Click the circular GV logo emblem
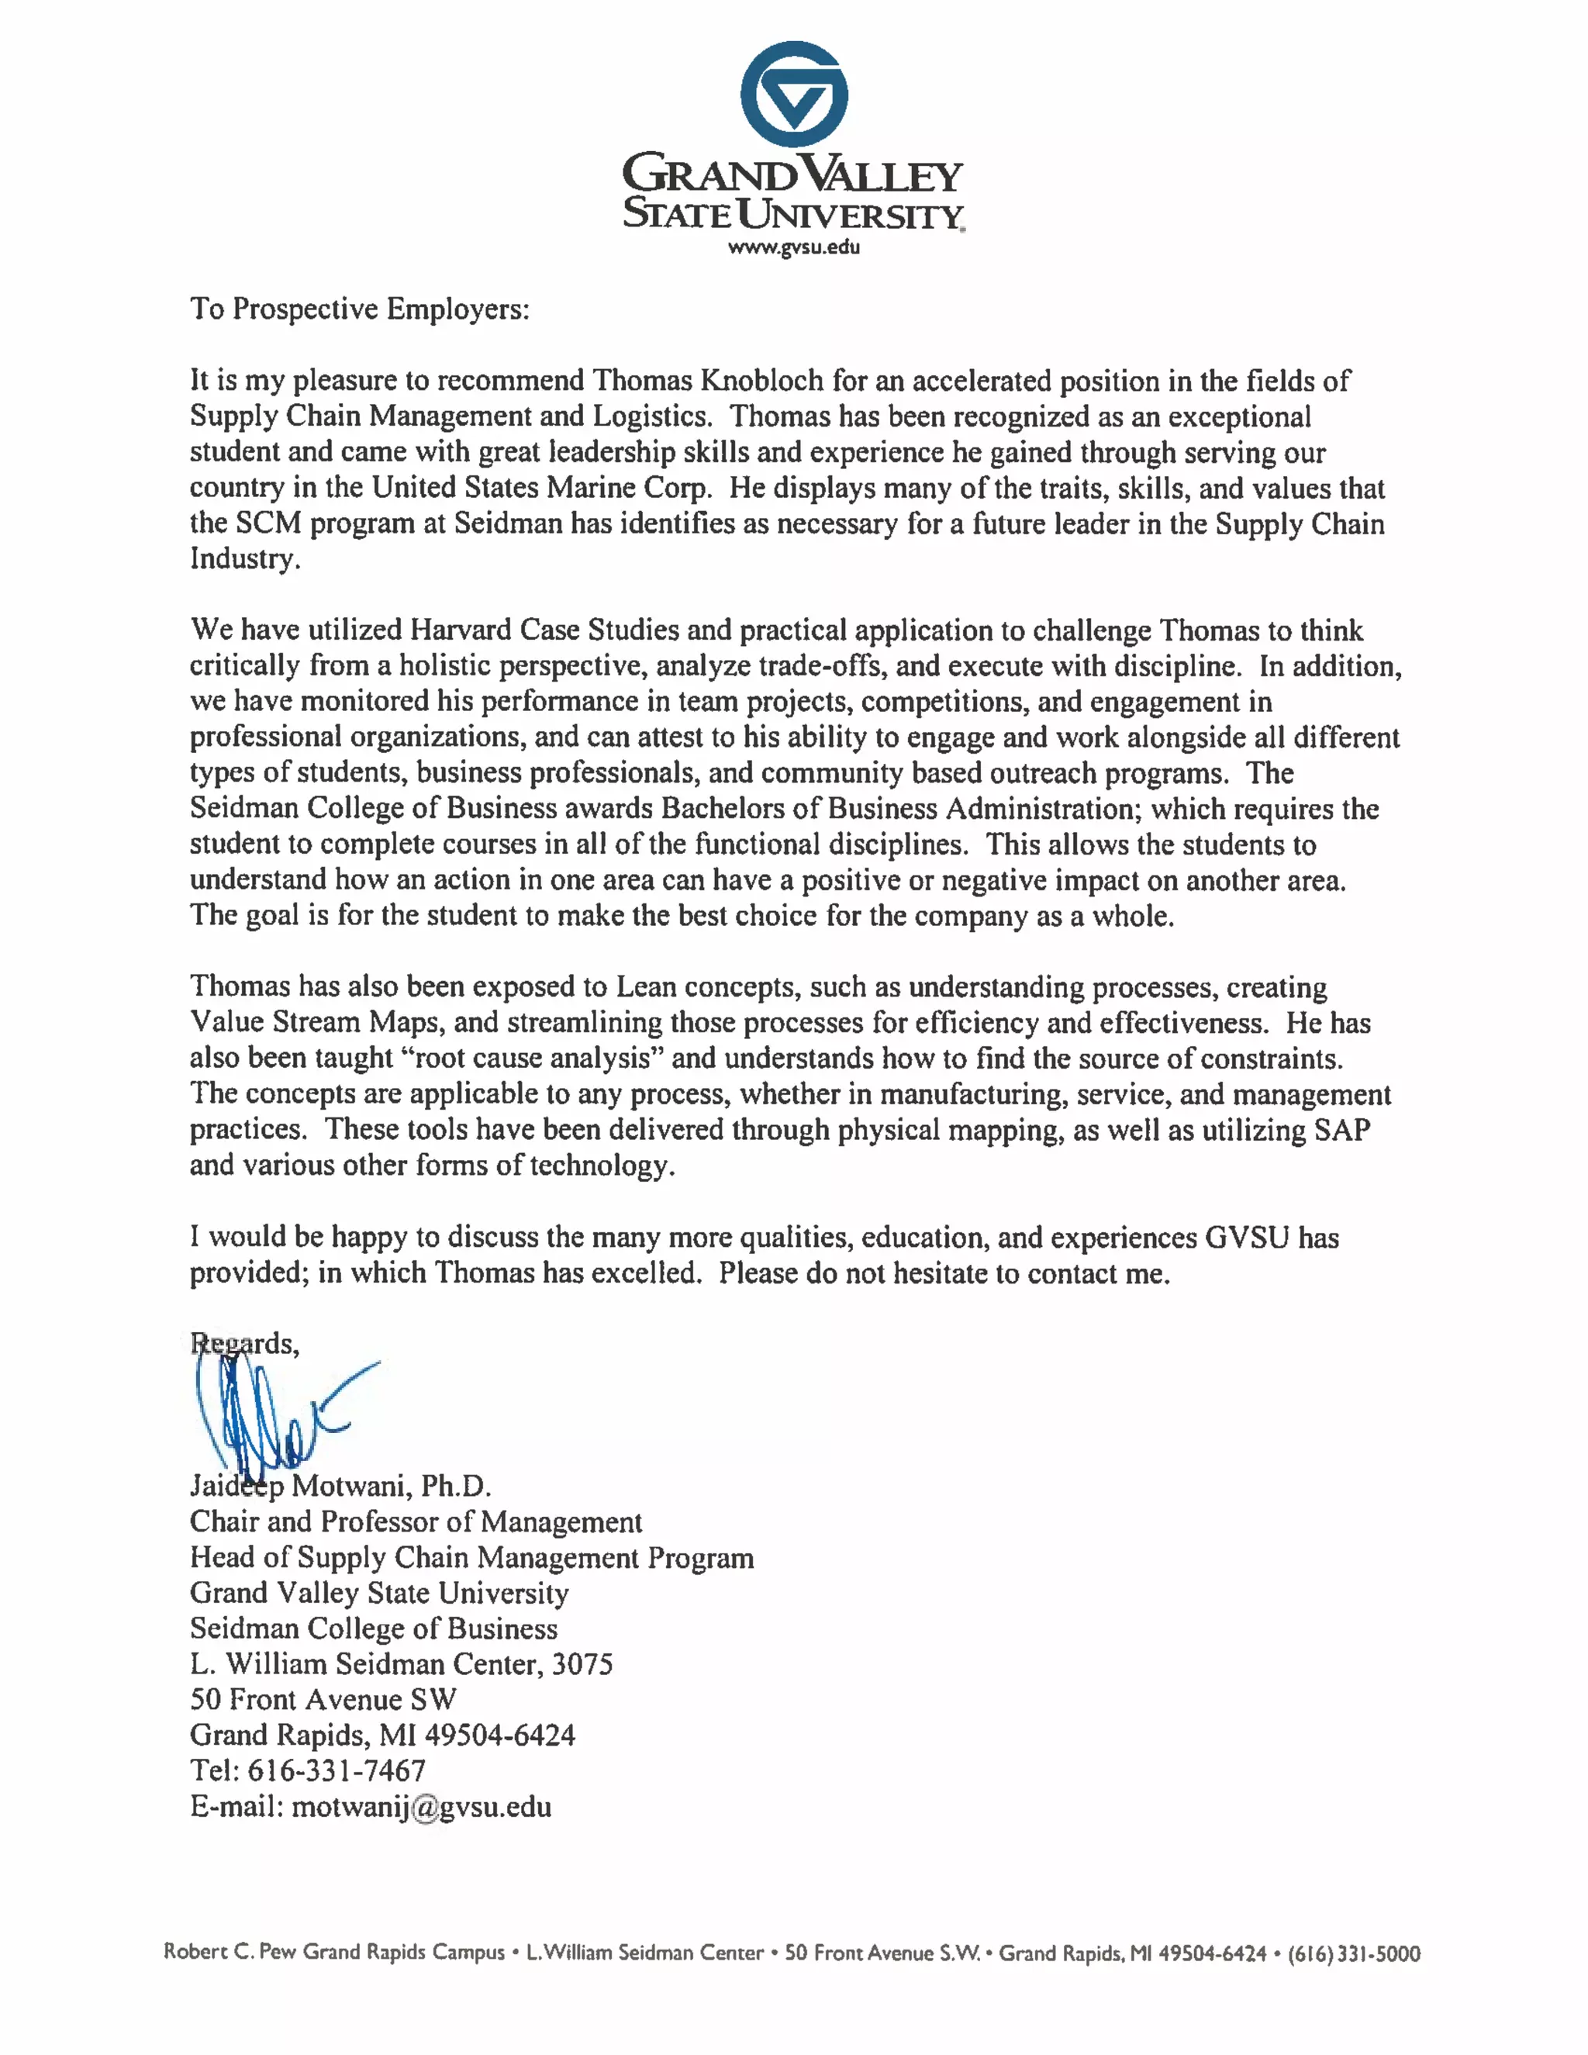pos(794,94)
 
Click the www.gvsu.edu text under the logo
pos(794,247)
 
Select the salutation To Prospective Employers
pos(359,309)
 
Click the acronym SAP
pos(1341,1129)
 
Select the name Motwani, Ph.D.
pos(391,1486)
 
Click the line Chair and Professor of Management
pos(416,1521)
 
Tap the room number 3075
pos(582,1663)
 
